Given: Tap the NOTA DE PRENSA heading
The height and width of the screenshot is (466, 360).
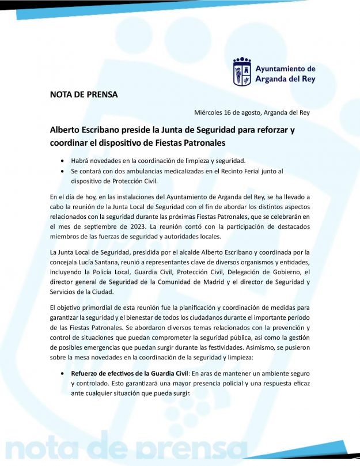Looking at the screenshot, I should (x=84, y=94).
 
